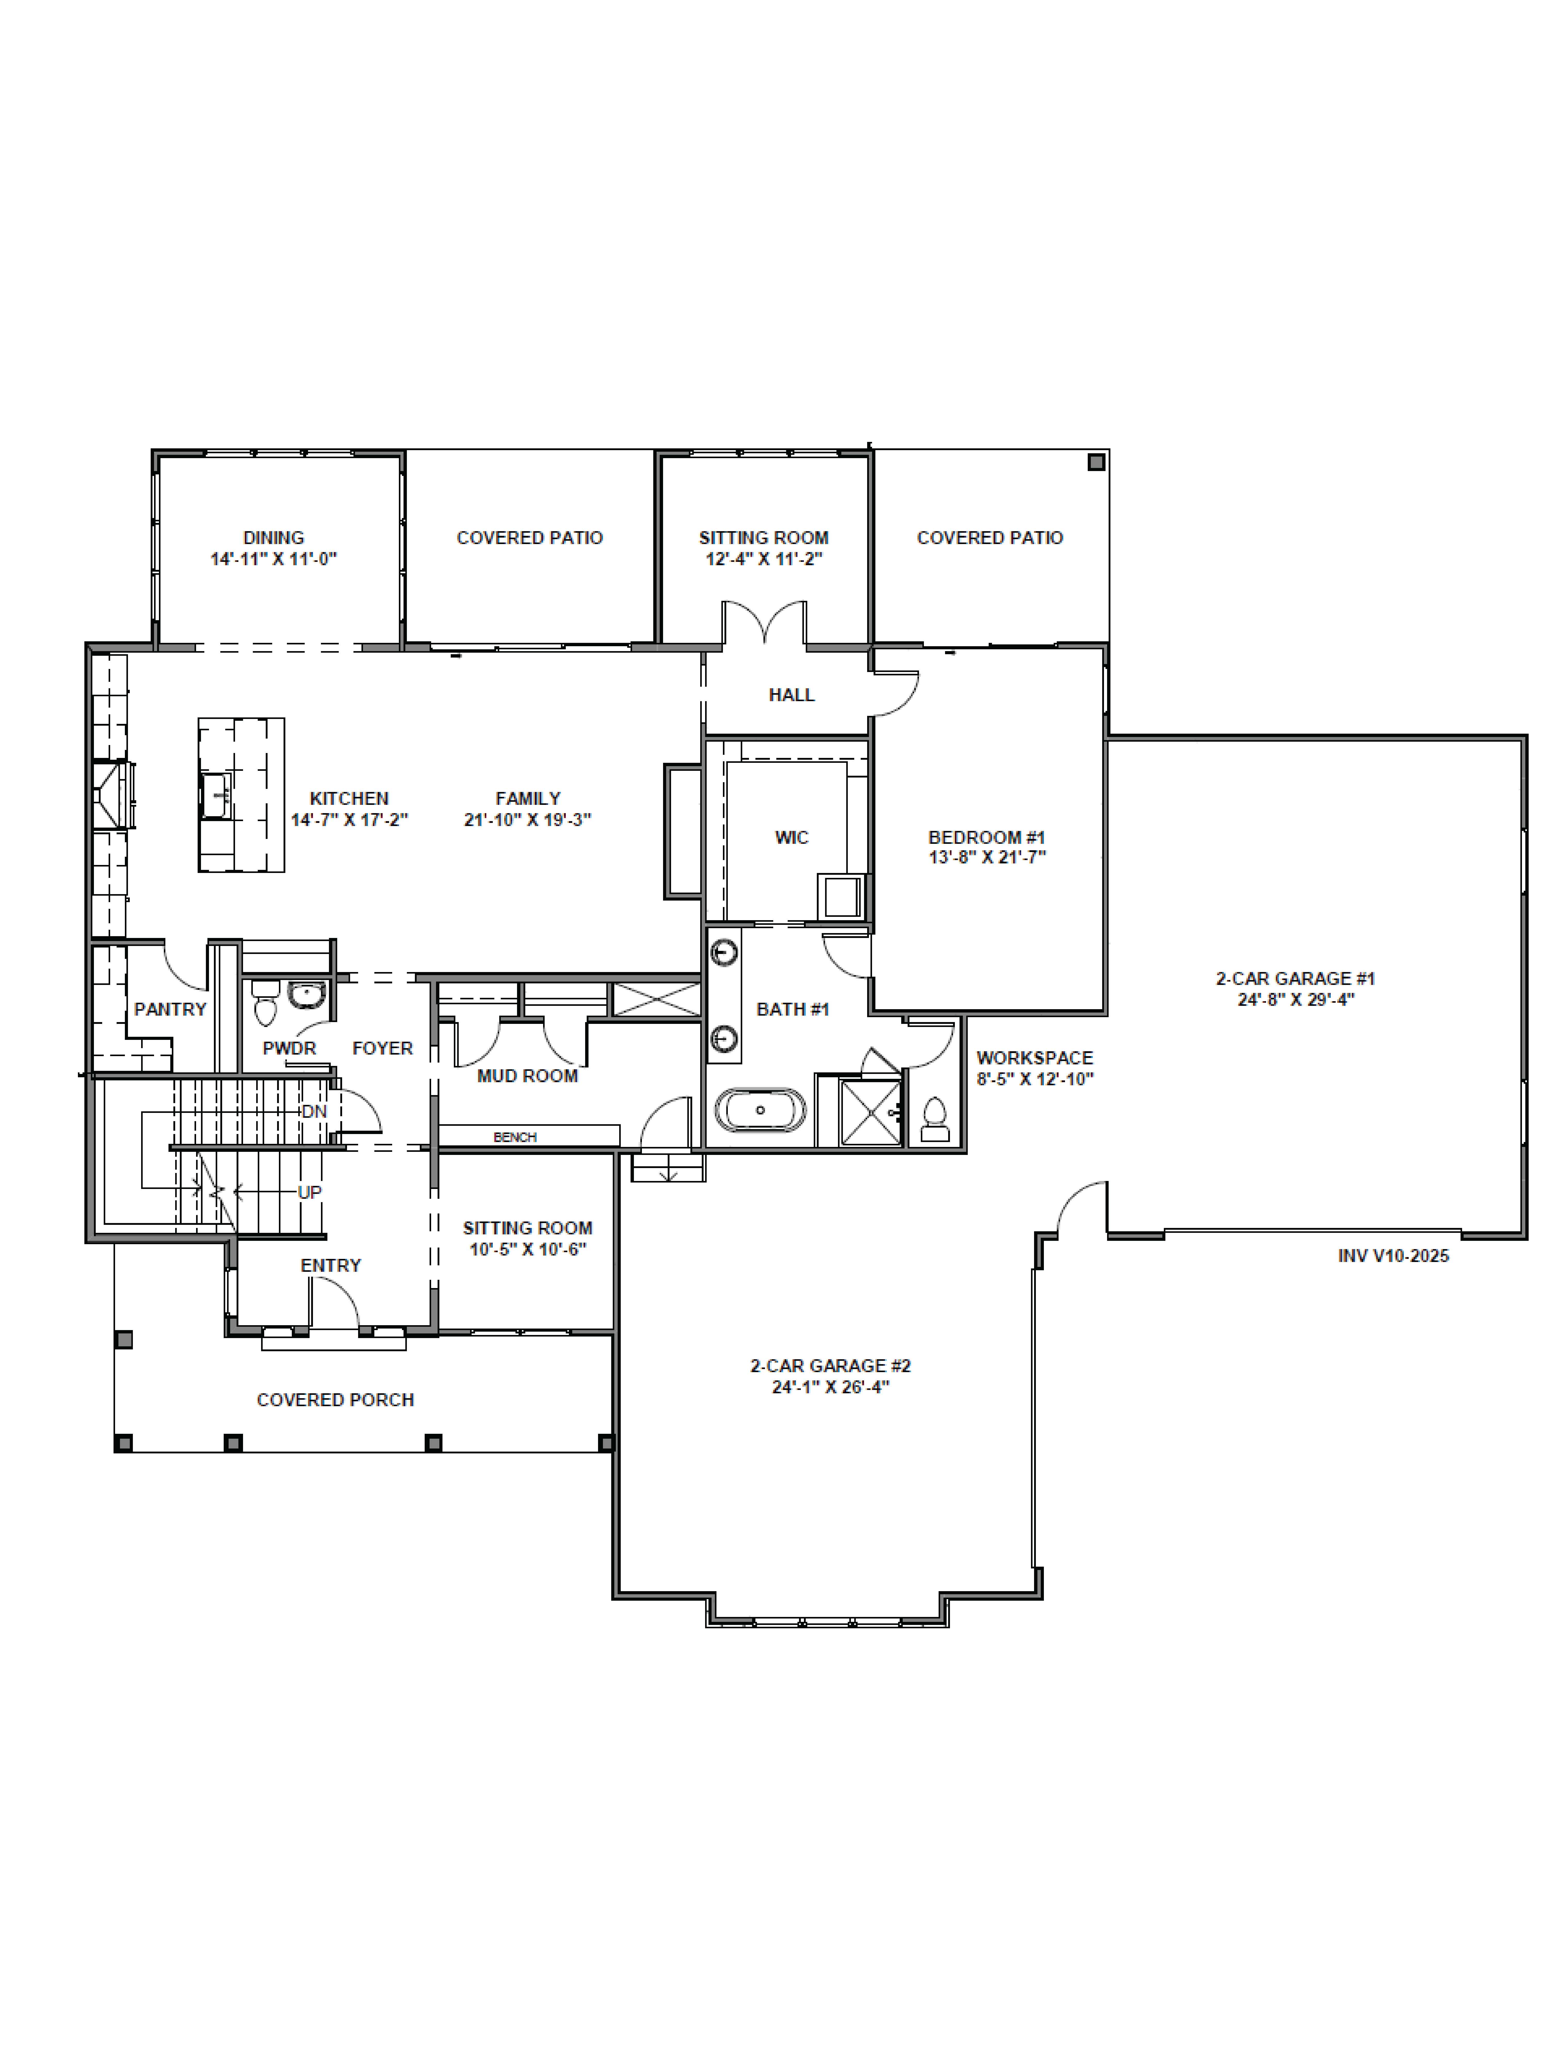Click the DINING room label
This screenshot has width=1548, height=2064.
pos(273,537)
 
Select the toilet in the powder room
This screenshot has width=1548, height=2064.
pos(266,1001)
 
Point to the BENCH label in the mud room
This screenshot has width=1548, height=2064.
pos(515,1137)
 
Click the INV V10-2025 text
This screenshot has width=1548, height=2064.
pos(1393,1256)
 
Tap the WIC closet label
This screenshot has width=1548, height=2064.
pos(791,837)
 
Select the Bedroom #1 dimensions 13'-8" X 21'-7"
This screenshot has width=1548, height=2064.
pos(987,856)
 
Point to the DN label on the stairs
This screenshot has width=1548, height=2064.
pos(313,1111)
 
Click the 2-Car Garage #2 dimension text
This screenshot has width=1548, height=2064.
pos(831,1387)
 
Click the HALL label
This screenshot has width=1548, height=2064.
pos(791,694)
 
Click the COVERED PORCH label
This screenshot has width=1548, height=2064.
pos(335,1400)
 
